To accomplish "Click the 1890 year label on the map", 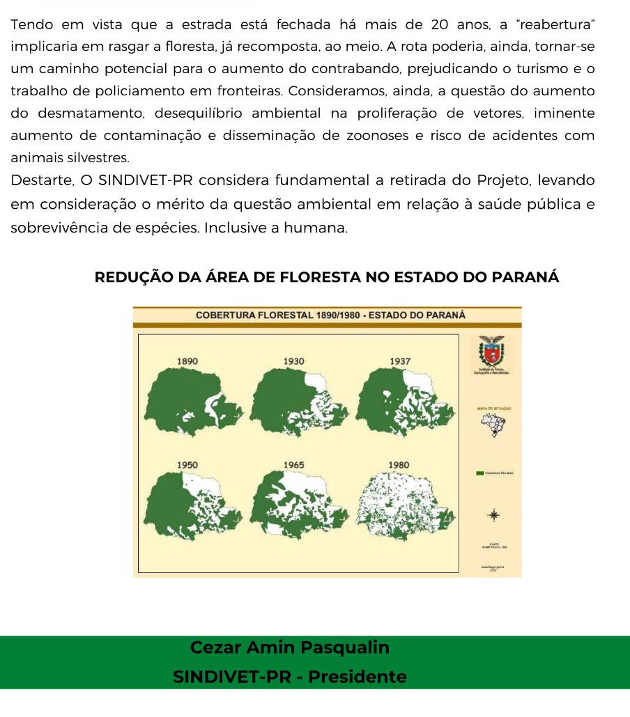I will [x=187, y=361].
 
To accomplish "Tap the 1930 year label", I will [x=294, y=361].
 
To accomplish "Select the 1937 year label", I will [x=400, y=361].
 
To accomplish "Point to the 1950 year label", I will [x=187, y=464].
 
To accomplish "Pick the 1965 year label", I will [x=294, y=464].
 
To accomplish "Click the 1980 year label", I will [x=399, y=464].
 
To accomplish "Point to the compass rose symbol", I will [x=493, y=515].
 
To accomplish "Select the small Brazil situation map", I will [x=493, y=423].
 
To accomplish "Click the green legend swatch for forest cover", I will [x=480, y=473].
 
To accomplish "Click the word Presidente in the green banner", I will [x=358, y=677].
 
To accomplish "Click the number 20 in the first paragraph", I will [x=440, y=25].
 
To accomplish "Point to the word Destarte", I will [x=41, y=181].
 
